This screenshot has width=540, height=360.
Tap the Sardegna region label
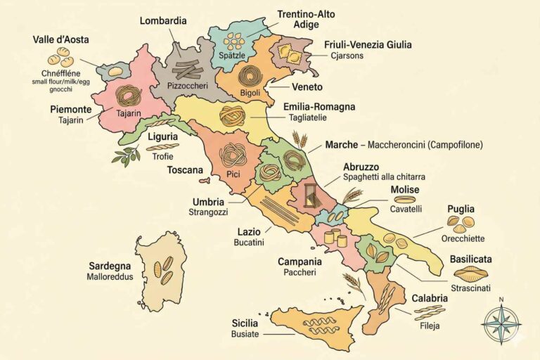click(x=110, y=266)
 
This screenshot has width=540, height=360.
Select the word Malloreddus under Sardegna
click(x=110, y=277)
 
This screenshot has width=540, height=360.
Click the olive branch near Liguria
click(x=125, y=155)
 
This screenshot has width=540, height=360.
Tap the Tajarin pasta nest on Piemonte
click(x=129, y=95)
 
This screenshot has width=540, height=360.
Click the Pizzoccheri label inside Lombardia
click(x=186, y=85)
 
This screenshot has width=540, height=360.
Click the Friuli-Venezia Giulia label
click(x=368, y=44)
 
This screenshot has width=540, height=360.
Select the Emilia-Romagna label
click(x=319, y=107)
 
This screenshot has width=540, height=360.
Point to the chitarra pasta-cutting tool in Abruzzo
click(x=308, y=197)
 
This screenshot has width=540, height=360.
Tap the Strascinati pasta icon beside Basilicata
click(x=470, y=274)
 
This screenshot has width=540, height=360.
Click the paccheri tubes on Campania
click(x=337, y=237)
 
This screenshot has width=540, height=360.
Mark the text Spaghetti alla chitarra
click(x=385, y=176)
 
